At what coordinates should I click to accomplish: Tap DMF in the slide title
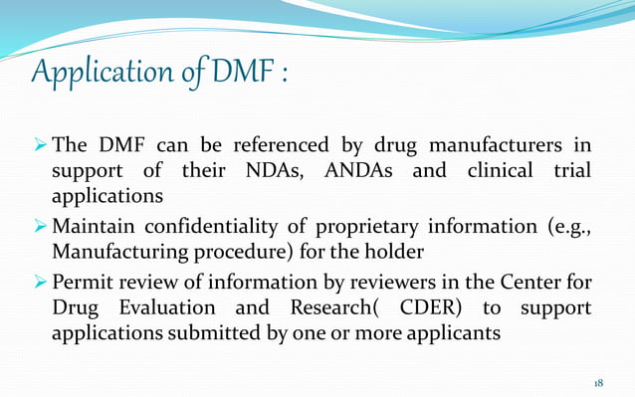[x=239, y=73]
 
